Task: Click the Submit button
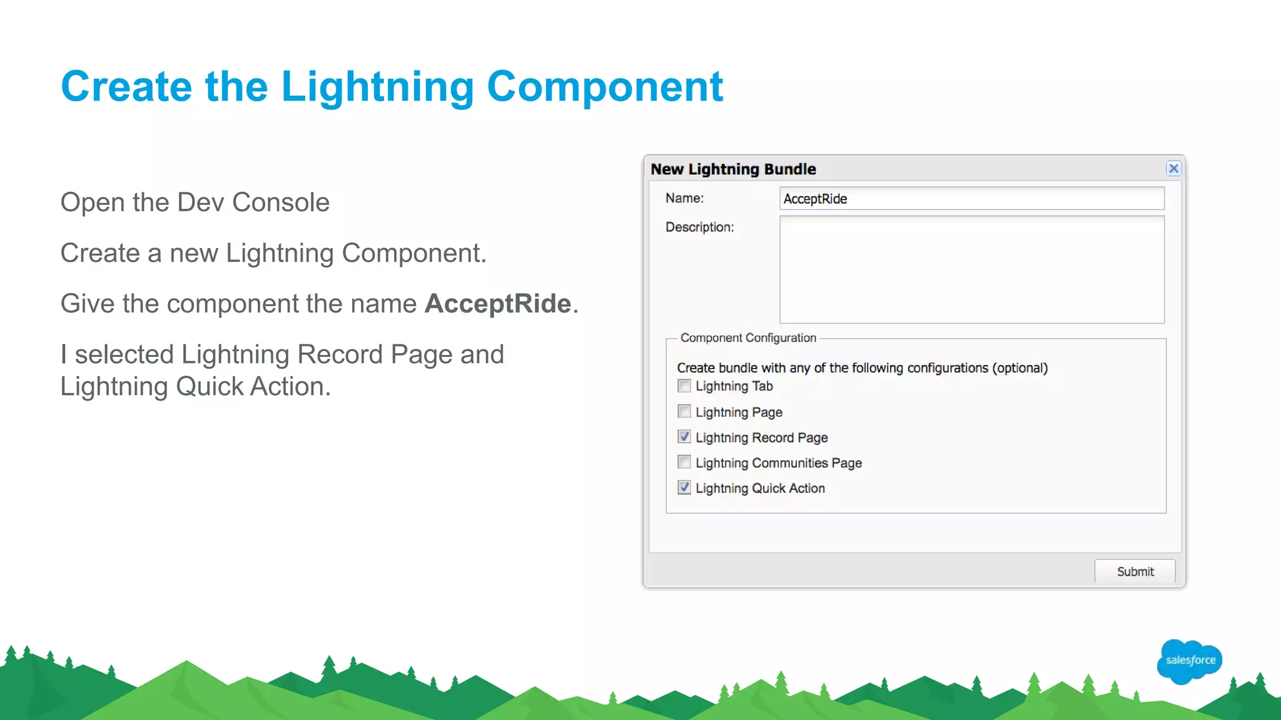1135,571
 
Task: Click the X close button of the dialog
1173,168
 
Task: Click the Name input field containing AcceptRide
971,199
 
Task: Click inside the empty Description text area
971,269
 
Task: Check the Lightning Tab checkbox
684,386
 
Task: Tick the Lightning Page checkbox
684,411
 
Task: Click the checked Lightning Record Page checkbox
684,437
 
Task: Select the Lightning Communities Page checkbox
684,462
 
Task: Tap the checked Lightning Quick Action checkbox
684,487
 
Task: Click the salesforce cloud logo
1190,661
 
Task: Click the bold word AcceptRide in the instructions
498,304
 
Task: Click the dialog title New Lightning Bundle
733,169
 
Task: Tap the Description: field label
699,227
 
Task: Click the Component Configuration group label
748,338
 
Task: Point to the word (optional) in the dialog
1020,368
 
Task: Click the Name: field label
684,198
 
